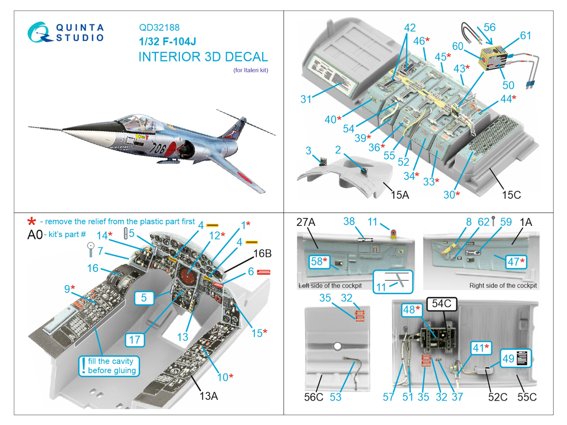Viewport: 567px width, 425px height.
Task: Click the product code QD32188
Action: (159, 28)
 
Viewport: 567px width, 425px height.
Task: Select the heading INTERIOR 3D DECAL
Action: (203, 57)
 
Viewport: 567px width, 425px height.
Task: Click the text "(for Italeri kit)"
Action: (251, 70)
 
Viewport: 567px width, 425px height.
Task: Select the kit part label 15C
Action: (511, 195)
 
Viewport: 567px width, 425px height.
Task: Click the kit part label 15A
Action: (400, 195)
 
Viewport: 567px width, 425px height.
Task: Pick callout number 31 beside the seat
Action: (306, 99)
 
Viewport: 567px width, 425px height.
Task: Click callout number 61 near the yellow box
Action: (526, 36)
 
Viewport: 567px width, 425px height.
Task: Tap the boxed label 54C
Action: (442, 304)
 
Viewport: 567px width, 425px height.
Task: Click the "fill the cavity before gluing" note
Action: (109, 366)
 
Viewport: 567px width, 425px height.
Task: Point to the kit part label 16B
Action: (262, 254)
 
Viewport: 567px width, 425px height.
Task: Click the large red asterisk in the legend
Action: (32, 222)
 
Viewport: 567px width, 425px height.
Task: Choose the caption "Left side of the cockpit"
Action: (330, 285)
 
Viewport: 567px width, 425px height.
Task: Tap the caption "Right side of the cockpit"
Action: (503, 285)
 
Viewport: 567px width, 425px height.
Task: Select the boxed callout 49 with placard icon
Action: (516, 358)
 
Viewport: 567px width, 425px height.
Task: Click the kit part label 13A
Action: (209, 396)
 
